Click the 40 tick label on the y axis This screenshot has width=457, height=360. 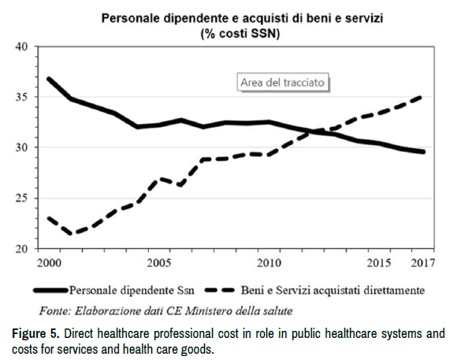(21, 46)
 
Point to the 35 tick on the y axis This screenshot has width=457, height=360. (21, 97)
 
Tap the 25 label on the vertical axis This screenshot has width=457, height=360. (21, 199)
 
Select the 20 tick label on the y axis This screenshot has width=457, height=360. (21, 249)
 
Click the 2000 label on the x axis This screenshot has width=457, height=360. (50, 263)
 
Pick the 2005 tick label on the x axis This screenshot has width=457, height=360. (159, 263)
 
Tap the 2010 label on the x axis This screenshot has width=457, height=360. (269, 263)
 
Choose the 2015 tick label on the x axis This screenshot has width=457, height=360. (378, 263)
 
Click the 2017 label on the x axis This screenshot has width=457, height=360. (422, 263)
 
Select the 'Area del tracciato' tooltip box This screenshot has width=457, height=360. (283, 83)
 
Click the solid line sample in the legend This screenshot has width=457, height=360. (50, 291)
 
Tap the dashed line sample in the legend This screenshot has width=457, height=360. (220, 290)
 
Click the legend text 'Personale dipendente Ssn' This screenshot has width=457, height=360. (132, 291)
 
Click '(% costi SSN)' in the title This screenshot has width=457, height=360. (240, 34)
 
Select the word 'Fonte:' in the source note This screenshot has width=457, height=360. (55, 311)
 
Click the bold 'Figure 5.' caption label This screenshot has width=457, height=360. (35, 333)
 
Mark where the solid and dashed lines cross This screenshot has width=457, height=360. (314, 132)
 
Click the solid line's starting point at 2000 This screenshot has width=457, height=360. (49, 79)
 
